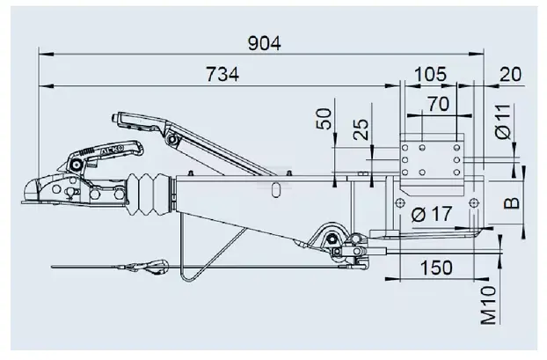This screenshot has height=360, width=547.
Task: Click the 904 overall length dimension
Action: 264,44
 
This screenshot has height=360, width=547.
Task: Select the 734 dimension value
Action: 222,74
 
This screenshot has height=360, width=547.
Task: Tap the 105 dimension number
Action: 430,74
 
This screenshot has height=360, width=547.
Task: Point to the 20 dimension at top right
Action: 510,74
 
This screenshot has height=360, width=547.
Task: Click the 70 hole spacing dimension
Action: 439,104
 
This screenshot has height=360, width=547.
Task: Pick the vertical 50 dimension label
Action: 325,119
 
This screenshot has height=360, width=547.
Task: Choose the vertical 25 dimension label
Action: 361,129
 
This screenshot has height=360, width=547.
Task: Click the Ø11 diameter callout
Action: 503,121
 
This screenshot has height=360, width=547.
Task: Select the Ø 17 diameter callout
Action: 432,214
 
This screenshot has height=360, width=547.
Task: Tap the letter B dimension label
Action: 512,202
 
